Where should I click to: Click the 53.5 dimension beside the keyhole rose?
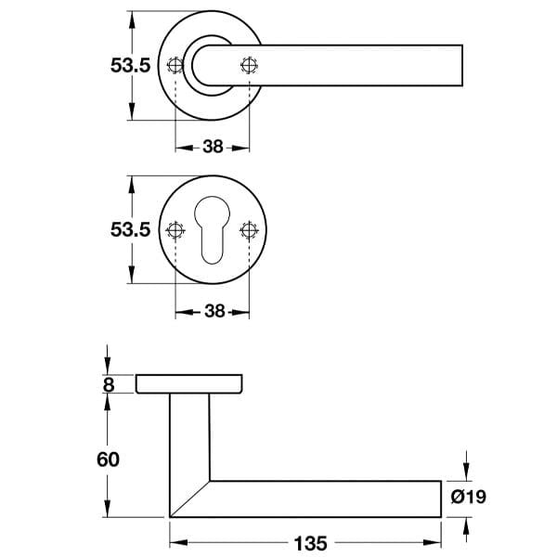(130, 230)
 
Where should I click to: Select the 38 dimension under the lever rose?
(213, 147)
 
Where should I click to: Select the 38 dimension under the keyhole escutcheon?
(213, 312)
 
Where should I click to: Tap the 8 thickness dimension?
(110, 383)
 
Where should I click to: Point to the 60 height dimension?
(108, 460)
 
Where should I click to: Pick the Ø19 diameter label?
(468, 498)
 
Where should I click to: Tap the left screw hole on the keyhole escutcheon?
(175, 230)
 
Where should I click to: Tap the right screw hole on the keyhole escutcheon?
(248, 230)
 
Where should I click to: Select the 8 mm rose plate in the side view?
(190, 383)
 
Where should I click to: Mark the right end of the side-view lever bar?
(439, 499)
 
